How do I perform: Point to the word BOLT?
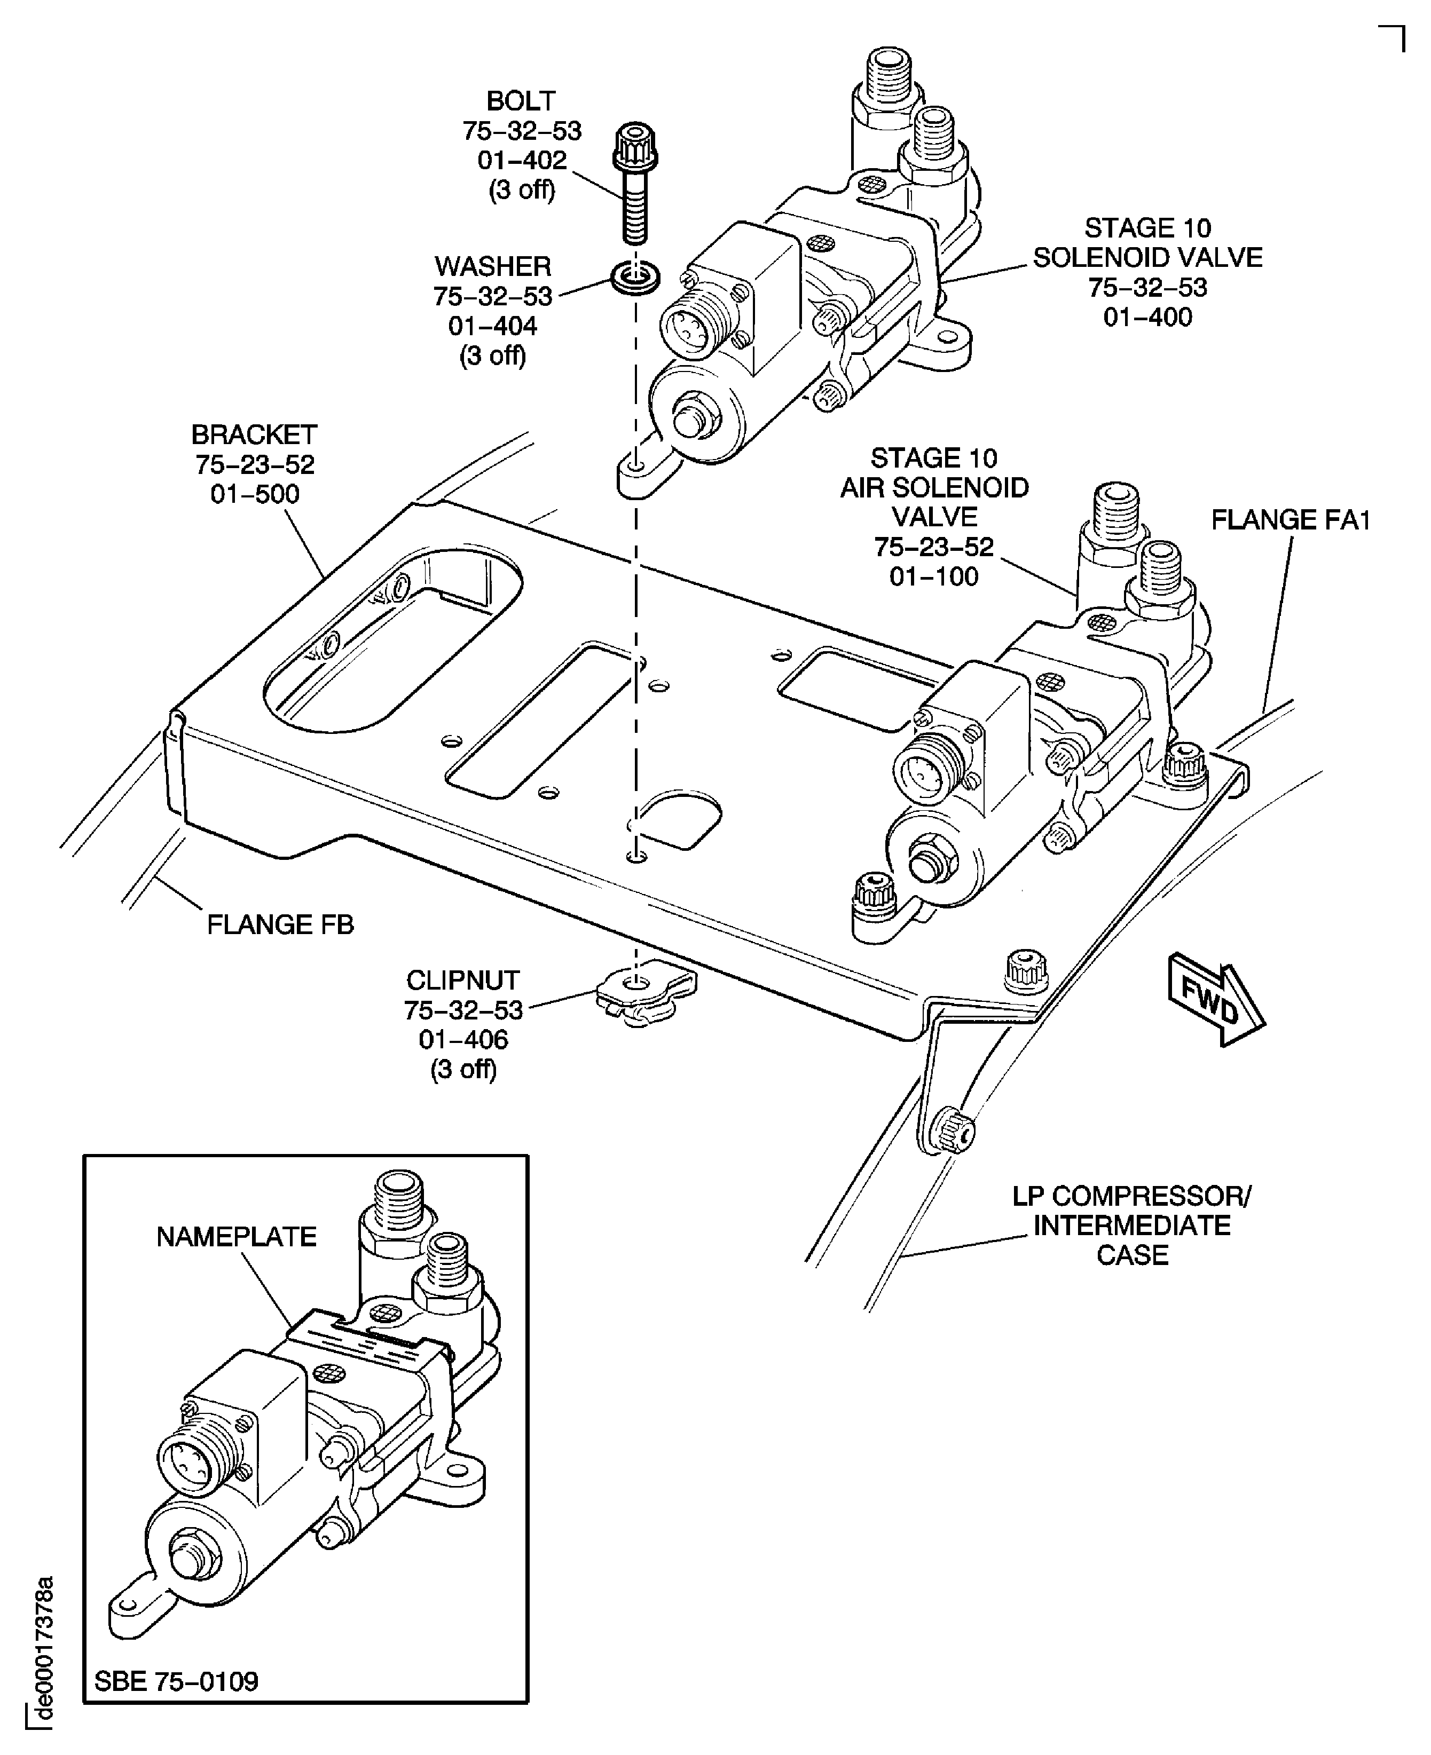pyautogui.click(x=521, y=101)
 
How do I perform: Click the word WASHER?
pyautogui.click(x=493, y=267)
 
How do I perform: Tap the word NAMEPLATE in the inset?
pyautogui.click(x=237, y=1237)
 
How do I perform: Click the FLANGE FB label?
pyautogui.click(x=280, y=926)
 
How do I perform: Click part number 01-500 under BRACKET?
pyautogui.click(x=255, y=494)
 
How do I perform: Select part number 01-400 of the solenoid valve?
pyautogui.click(x=1147, y=317)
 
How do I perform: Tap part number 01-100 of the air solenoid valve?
pyautogui.click(x=934, y=577)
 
